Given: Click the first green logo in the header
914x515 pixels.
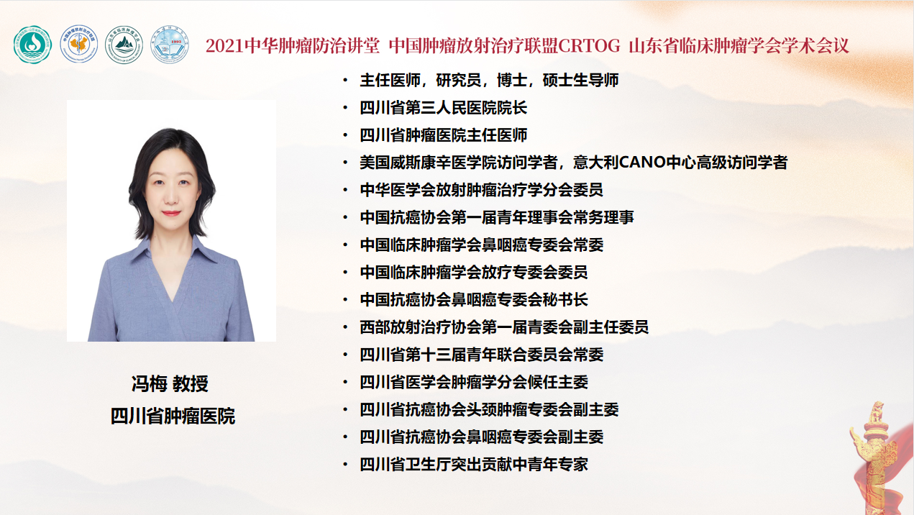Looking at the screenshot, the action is pos(32,45).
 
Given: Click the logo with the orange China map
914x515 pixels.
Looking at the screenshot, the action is pos(79,44).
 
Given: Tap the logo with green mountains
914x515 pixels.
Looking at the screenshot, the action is pos(124,45).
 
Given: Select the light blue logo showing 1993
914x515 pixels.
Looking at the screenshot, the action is pos(169,44).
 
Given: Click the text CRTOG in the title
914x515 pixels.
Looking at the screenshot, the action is pos(589,46).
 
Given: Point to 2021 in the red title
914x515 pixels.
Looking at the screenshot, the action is pos(225,46).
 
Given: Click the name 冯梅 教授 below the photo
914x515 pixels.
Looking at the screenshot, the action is pos(170,383).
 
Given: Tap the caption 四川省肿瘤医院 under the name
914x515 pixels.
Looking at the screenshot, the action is pos(173,416).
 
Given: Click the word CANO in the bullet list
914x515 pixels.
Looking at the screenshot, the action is pos(642,163).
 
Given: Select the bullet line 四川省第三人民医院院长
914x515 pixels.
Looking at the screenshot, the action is pos(444,108).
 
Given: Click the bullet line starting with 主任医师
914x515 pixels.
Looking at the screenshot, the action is pos(489,81).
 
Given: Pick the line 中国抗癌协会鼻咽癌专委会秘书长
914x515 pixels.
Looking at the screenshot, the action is pos(474,299).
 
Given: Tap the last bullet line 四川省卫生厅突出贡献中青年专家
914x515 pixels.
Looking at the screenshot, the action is pos(474,465).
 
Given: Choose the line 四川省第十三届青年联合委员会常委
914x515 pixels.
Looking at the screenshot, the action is pos(482,355).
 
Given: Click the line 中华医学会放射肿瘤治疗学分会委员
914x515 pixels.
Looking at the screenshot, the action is pos(482,190).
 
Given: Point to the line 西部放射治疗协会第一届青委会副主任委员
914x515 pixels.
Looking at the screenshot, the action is pos(504,327).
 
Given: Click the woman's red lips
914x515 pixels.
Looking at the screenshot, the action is pos(171,213).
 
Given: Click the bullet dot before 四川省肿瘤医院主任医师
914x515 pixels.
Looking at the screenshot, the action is pos(346,135).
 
